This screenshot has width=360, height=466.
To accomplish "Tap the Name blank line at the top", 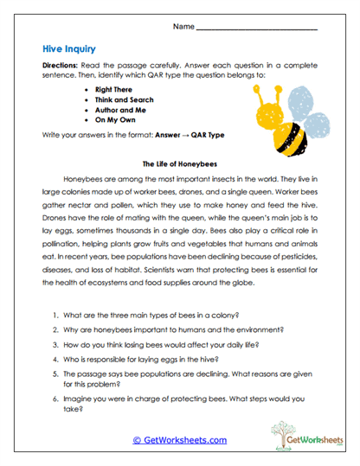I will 256,29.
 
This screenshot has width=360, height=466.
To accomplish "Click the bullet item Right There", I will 118,89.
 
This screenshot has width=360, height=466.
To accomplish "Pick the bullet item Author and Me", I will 124,112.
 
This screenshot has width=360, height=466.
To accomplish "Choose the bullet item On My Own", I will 119,123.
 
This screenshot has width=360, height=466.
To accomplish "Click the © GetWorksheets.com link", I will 179,440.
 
